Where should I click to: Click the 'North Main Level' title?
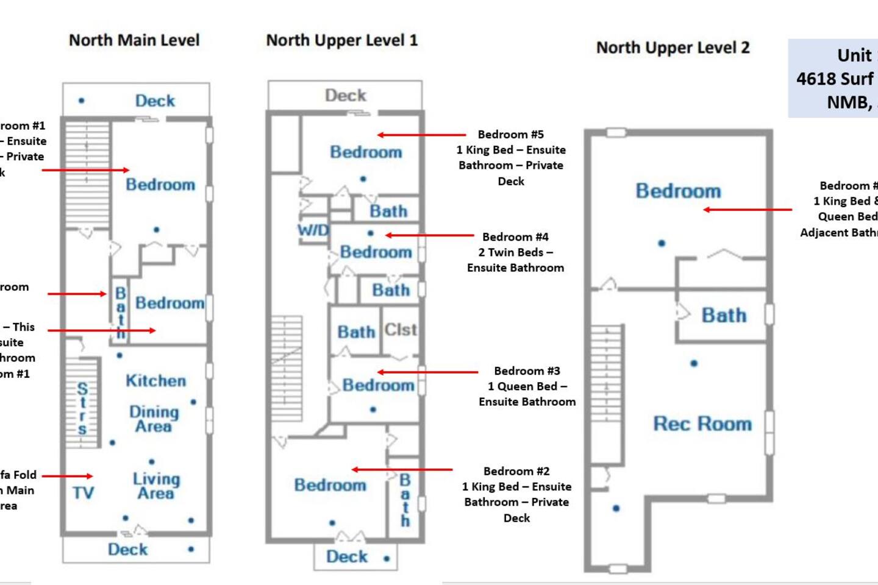(134, 40)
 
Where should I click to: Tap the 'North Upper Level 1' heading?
(342, 41)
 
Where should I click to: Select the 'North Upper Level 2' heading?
(673, 48)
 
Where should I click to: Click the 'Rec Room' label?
(702, 424)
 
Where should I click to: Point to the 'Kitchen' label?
(155, 381)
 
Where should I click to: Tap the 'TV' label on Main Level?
(84, 492)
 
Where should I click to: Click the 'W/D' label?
(313, 230)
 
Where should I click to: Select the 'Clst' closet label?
(401, 330)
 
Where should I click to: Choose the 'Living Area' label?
(156, 486)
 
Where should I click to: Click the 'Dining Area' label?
(154, 419)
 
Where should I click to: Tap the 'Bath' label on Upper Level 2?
(724, 315)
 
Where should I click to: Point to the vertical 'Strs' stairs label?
(82, 408)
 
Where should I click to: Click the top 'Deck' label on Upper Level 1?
(345, 96)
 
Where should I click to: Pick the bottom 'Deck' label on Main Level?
(127, 549)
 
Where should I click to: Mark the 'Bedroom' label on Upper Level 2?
(678, 191)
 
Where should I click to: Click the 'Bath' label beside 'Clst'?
(356, 332)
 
